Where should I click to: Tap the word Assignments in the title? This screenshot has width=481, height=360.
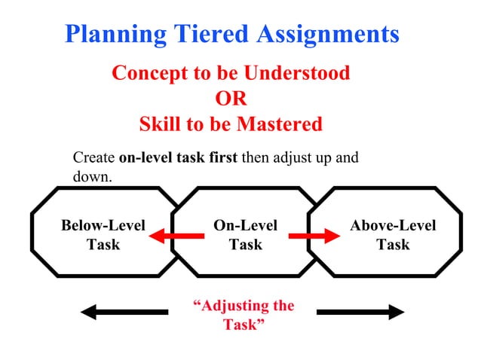coord(328,34)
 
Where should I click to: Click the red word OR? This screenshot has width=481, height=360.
coord(231,99)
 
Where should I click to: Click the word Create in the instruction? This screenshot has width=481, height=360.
coord(93,158)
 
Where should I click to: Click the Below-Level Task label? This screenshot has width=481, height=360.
coord(103,234)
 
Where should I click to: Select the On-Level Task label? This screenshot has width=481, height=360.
coord(245,234)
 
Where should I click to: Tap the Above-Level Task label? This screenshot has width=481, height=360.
coord(393,234)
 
